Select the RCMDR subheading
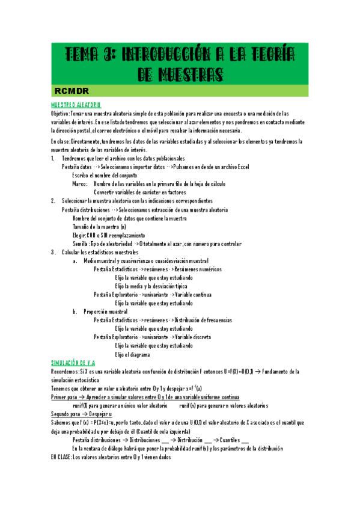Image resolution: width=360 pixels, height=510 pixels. point(71,91)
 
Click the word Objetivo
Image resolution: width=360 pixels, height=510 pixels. point(60,113)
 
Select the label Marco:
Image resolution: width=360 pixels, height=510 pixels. point(80,183)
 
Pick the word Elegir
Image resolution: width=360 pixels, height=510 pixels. point(79,235)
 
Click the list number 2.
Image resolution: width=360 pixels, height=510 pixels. point(53,200)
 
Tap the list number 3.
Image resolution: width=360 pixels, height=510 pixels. point(53,252)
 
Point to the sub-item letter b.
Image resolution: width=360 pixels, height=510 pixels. point(75,312)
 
